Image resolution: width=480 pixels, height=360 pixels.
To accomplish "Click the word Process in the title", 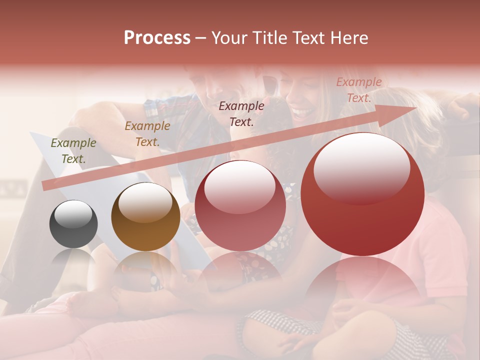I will click(157, 38).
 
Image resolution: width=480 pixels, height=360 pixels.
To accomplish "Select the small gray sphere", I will click(73, 224).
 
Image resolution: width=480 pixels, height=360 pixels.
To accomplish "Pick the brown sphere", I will click(145, 217).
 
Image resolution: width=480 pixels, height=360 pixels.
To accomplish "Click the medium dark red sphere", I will click(240, 205).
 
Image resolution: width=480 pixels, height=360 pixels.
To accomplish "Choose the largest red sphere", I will click(362, 194).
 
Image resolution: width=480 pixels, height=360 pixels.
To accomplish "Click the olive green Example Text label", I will click(73, 151).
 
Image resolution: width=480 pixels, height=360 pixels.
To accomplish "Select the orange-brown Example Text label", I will click(147, 134).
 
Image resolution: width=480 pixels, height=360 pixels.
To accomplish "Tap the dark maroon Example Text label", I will click(241, 113).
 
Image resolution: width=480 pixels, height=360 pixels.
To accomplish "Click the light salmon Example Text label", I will click(359, 90).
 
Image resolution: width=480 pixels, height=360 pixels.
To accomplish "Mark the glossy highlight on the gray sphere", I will click(73, 214).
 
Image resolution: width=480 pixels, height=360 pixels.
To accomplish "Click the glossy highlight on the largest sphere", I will click(361, 168).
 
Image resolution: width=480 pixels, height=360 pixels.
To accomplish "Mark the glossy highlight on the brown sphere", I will click(145, 202).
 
